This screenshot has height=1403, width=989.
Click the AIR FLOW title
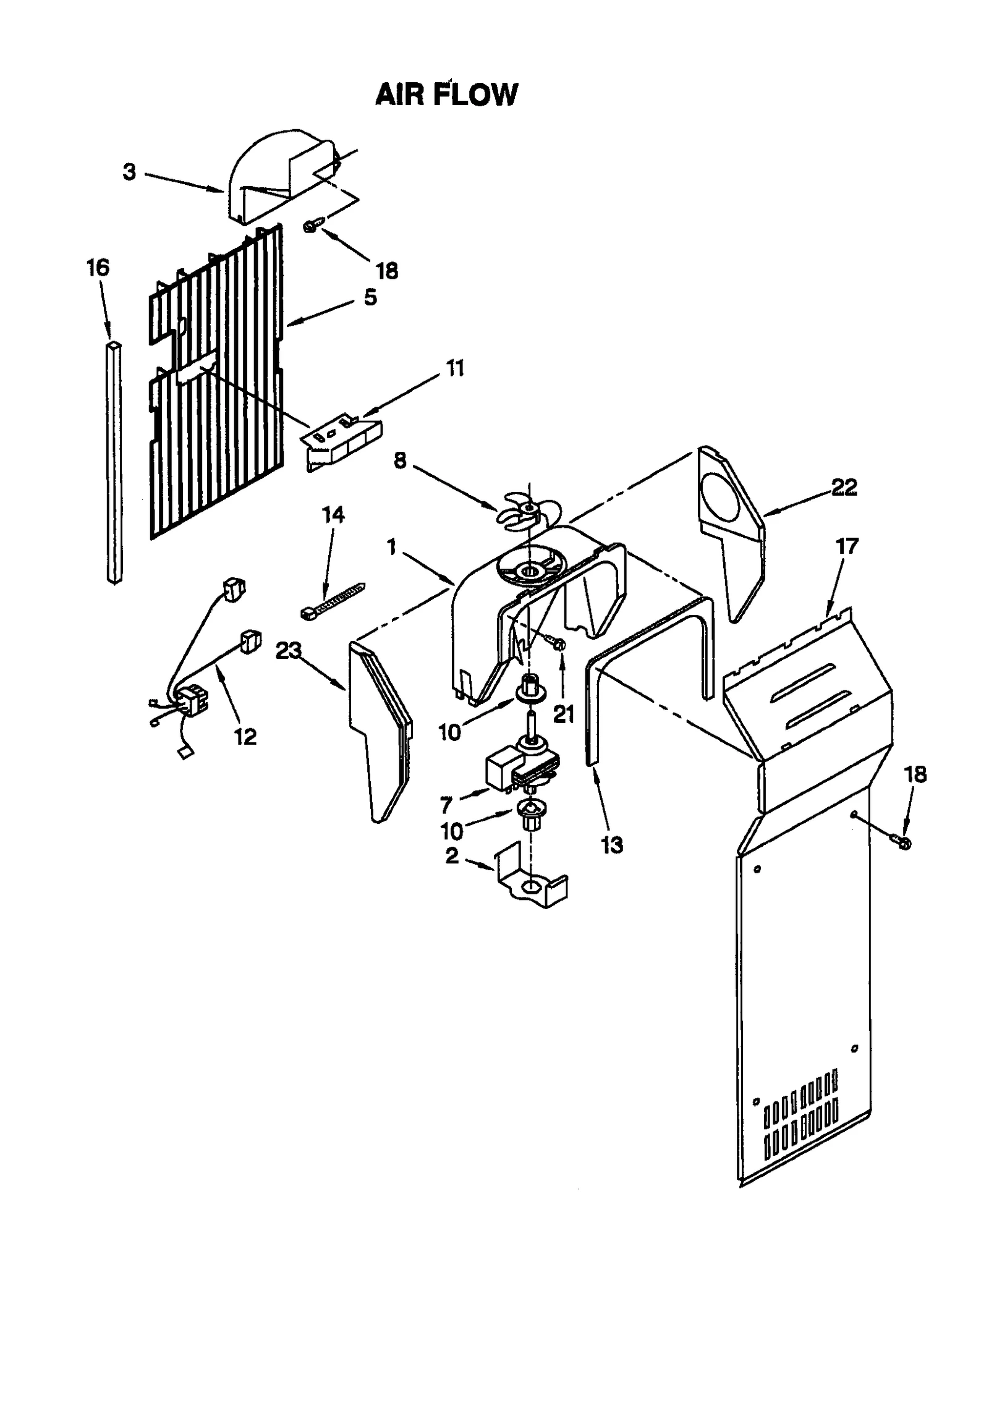tap(446, 95)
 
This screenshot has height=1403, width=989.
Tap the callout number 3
tap(129, 172)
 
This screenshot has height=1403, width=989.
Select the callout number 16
tap(98, 268)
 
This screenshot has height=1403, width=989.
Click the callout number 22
tap(844, 488)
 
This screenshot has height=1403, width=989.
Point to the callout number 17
tap(847, 546)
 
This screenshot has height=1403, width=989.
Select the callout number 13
tap(612, 844)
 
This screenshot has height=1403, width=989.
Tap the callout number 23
tap(289, 650)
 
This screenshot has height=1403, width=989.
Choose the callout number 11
tap(455, 368)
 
